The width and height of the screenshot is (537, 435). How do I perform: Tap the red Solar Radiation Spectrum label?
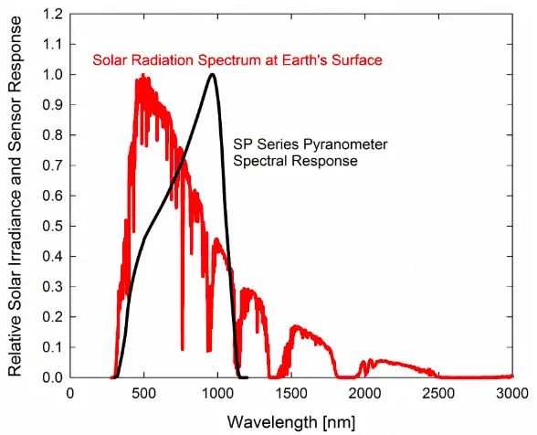[x=237, y=60]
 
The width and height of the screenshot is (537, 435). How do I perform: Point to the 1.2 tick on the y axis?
[x=52, y=15]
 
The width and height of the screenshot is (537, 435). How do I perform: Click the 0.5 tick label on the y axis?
[x=52, y=226]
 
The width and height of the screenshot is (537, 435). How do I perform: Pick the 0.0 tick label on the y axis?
[x=52, y=377]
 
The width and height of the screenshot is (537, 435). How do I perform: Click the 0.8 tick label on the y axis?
[x=52, y=135]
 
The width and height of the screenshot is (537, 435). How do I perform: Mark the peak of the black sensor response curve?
[x=213, y=75]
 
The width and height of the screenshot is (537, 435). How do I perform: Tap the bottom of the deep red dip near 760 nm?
[x=183, y=348]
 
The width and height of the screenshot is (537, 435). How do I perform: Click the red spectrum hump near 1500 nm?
[x=295, y=326]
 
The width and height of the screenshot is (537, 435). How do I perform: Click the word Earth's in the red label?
[x=290, y=60]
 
